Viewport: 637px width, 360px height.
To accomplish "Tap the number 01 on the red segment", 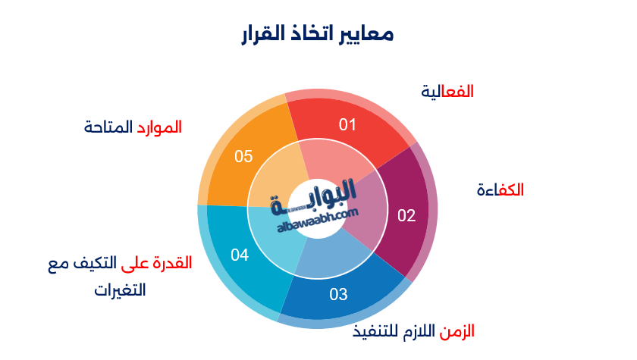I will tap(347, 124).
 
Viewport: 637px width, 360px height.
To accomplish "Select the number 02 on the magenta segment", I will tap(406, 215).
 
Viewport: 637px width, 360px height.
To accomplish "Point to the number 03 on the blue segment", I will tap(338, 294).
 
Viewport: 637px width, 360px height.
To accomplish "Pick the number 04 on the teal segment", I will tap(240, 255).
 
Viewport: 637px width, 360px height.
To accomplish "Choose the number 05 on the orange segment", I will tap(243, 157).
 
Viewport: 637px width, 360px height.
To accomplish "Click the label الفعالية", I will tap(447, 91).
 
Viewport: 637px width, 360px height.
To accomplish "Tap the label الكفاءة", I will tap(500, 189).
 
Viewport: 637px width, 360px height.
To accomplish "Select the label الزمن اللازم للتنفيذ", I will tap(414, 331).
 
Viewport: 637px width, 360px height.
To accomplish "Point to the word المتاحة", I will tap(108, 127).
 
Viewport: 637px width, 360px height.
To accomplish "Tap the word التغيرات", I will tap(120, 290).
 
